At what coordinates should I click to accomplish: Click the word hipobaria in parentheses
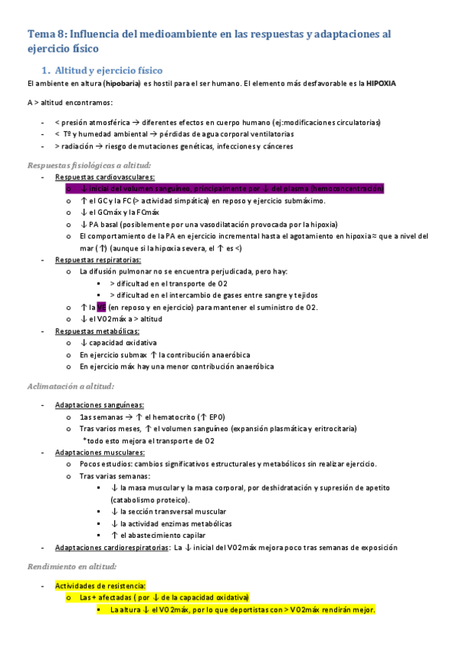121,83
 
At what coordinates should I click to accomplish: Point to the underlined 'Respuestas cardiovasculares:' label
97,177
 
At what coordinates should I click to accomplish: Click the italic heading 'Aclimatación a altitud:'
70,385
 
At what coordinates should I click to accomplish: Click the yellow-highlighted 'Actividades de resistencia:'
102,586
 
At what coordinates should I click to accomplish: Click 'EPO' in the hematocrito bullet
213,417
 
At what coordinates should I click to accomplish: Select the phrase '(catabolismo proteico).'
148,500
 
